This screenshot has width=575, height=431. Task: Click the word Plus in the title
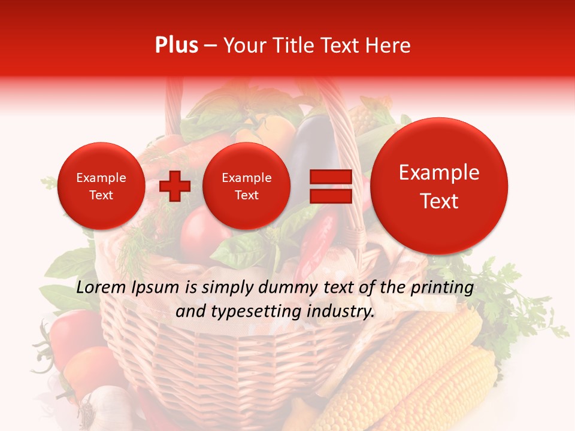coord(176,45)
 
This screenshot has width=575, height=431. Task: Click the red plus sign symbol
coord(175,186)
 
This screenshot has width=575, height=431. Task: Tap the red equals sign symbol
coord(330,186)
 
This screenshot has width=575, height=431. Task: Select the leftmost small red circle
coord(101,186)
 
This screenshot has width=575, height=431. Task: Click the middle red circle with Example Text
coord(247,186)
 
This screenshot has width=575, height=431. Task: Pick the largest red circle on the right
coord(439,186)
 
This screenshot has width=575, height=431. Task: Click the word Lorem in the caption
coord(102,288)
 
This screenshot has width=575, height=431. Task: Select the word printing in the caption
coord(443,288)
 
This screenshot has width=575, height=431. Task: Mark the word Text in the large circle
coord(439,201)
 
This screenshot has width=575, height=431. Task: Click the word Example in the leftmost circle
coord(101,178)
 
